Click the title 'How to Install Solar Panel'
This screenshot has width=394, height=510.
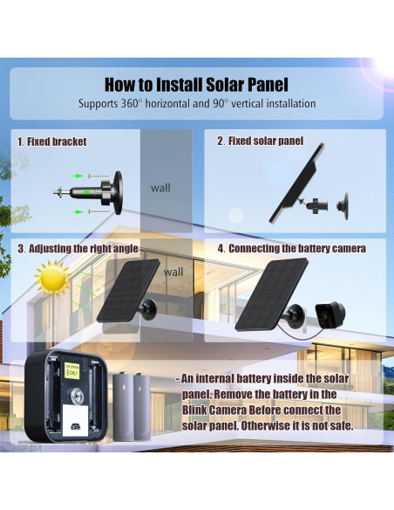click(196, 85)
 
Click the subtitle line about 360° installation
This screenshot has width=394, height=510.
click(196, 104)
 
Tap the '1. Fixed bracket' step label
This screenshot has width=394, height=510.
click(52, 141)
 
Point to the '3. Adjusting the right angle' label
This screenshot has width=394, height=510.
click(78, 248)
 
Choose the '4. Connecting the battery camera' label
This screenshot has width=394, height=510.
click(291, 248)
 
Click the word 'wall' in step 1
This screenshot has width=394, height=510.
click(160, 187)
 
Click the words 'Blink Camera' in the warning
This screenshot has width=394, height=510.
click(216, 410)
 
